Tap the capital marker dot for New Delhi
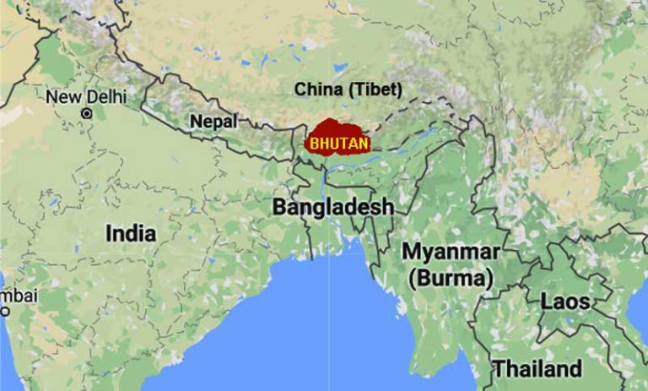86,112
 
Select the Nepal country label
213,122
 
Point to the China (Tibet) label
348,90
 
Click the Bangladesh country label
332,207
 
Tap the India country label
131,233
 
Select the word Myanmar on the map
450,252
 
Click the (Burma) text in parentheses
450,277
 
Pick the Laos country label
565,301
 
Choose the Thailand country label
537,369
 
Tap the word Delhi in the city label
101,96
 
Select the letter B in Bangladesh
278,207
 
